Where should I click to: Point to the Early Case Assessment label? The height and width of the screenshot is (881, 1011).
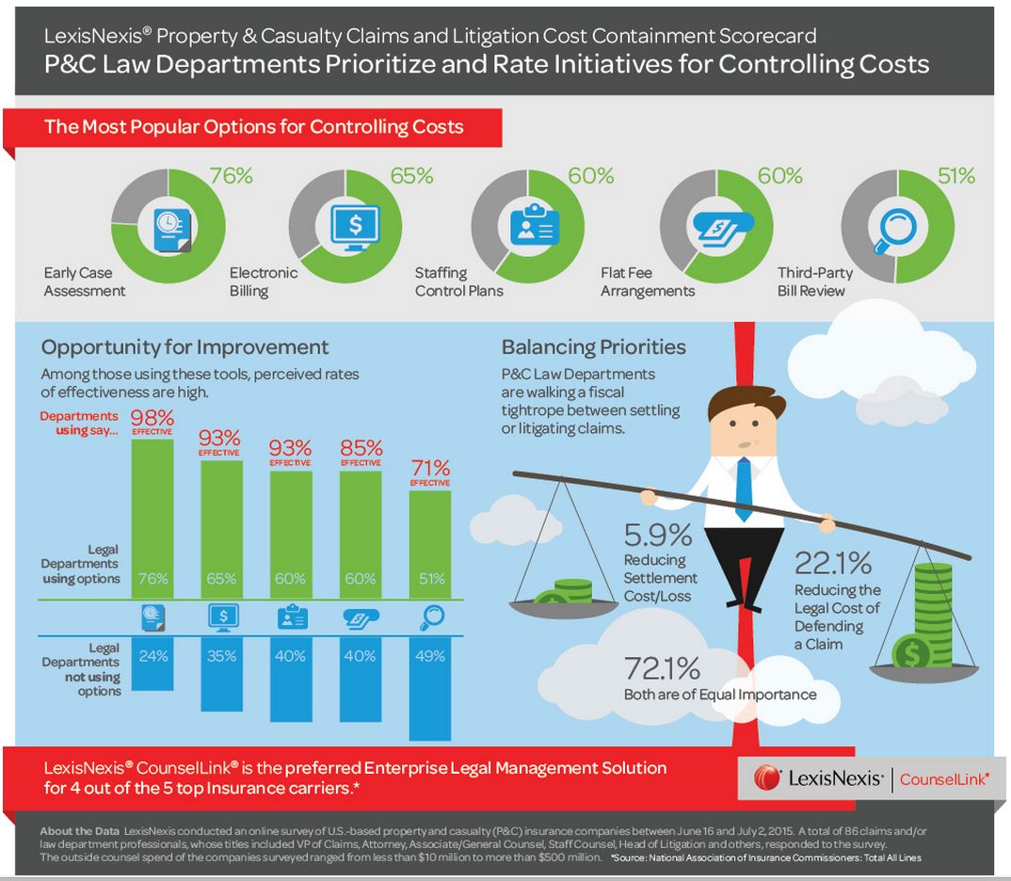pyautogui.click(x=84, y=281)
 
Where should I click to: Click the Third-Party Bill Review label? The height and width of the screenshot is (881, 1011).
pyautogui.click(x=814, y=281)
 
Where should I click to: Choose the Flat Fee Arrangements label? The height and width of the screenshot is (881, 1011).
pyautogui.click(x=648, y=281)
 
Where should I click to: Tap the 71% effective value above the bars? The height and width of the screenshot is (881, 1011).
pyautogui.click(x=430, y=468)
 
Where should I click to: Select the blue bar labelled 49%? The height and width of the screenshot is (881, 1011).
pyautogui.click(x=430, y=693)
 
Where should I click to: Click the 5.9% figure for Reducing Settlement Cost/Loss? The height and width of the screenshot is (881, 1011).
pyautogui.click(x=657, y=536)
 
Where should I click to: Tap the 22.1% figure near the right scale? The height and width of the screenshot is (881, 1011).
pyautogui.click(x=832, y=564)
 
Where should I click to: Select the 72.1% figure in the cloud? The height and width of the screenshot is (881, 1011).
pyautogui.click(x=662, y=669)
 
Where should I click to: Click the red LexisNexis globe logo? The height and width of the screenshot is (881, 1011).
pyautogui.click(x=767, y=777)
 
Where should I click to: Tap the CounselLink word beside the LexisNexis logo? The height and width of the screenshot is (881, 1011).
pyautogui.click(x=943, y=778)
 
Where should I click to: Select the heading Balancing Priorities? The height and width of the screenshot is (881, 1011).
pyautogui.click(x=593, y=346)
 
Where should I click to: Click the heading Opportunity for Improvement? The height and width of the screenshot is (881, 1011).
pyautogui.click(x=185, y=346)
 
